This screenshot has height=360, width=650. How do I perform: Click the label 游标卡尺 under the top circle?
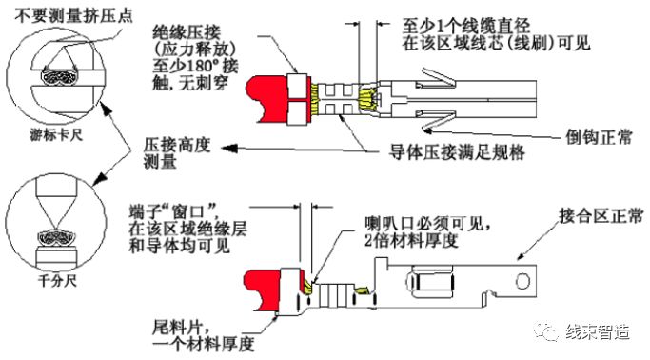56,135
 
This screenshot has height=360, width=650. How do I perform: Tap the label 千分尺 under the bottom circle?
57,281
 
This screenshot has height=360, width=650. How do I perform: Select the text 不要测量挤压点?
74,15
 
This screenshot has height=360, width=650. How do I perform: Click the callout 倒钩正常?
599,136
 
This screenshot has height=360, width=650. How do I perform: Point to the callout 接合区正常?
601,216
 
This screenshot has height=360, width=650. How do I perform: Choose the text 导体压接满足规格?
457,152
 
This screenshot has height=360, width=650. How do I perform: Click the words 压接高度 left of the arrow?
177,146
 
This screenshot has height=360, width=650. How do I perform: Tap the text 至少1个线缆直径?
466,26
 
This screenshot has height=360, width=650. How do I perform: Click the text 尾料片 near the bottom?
177,328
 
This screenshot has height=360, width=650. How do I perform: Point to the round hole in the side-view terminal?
522,282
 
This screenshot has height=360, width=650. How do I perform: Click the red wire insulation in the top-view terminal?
267,100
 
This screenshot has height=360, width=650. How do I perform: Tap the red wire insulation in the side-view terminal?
263,291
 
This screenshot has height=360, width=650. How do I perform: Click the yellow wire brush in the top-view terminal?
366,101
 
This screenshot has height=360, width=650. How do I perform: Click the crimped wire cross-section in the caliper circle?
59,77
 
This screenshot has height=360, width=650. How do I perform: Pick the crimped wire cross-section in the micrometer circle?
56,238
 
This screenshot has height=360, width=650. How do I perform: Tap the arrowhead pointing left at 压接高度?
229,148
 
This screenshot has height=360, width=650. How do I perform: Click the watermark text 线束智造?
598,331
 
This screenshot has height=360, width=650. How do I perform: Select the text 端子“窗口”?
174,211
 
